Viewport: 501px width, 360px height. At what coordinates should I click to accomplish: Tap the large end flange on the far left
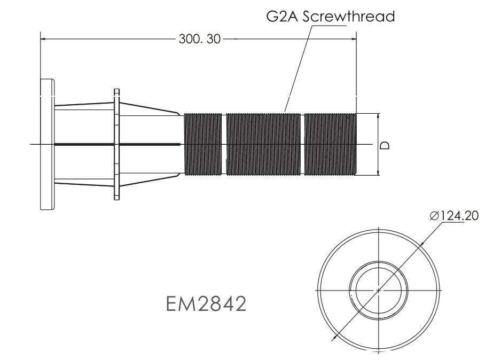tap(47, 144)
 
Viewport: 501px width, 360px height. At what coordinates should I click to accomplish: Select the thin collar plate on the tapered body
tap(116, 144)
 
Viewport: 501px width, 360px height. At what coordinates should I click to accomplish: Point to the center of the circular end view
tap(378, 290)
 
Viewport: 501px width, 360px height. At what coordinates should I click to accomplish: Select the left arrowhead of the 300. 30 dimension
tap(44, 39)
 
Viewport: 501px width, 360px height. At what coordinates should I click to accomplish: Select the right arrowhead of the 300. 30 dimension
tap(353, 39)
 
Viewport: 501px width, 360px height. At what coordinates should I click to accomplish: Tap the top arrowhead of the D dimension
tap(378, 116)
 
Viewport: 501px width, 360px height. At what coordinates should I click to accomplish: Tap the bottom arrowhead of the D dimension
tap(378, 171)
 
